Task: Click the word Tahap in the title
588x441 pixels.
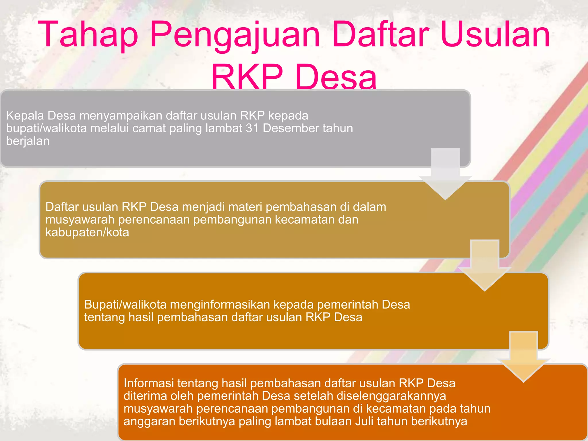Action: tap(88, 34)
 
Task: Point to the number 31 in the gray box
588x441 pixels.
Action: tap(252, 128)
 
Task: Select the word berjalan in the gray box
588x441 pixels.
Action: tap(28, 141)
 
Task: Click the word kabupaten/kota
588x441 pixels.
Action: tap(87, 232)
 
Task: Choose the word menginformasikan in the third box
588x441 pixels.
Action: tap(220, 304)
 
